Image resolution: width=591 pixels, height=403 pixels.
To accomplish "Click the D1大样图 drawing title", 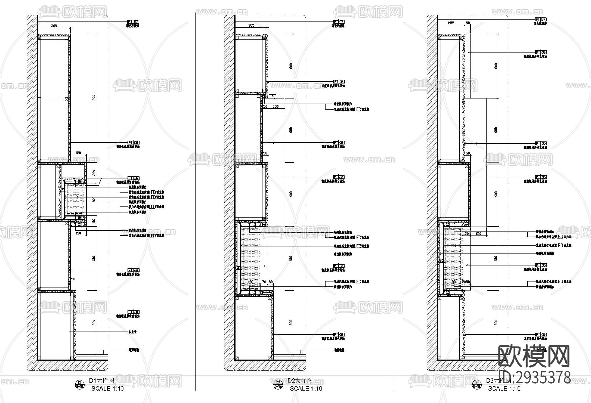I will [101, 381].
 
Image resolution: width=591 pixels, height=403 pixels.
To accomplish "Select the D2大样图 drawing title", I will [299, 381].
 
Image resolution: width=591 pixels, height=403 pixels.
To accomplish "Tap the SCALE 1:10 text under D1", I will [107, 388].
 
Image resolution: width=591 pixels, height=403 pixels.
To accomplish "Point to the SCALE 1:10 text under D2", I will [306, 388].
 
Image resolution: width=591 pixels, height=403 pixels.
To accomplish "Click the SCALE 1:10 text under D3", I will [504, 388].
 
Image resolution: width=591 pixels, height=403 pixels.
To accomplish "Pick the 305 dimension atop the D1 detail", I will [54, 26].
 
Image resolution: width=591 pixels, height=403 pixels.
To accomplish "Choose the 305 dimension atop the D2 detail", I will [252, 25].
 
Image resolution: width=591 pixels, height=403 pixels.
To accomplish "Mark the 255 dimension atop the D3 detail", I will [451, 23].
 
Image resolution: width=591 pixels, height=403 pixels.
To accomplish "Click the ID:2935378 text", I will [535, 378].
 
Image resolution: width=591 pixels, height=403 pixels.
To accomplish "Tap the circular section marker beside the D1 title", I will [79, 384].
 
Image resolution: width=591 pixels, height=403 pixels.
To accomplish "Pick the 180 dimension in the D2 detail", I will [251, 282].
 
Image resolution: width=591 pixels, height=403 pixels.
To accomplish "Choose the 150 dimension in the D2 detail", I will [276, 106].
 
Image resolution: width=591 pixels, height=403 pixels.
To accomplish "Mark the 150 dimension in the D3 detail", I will [478, 234].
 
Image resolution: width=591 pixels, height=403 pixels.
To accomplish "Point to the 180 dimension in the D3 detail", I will [453, 282].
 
